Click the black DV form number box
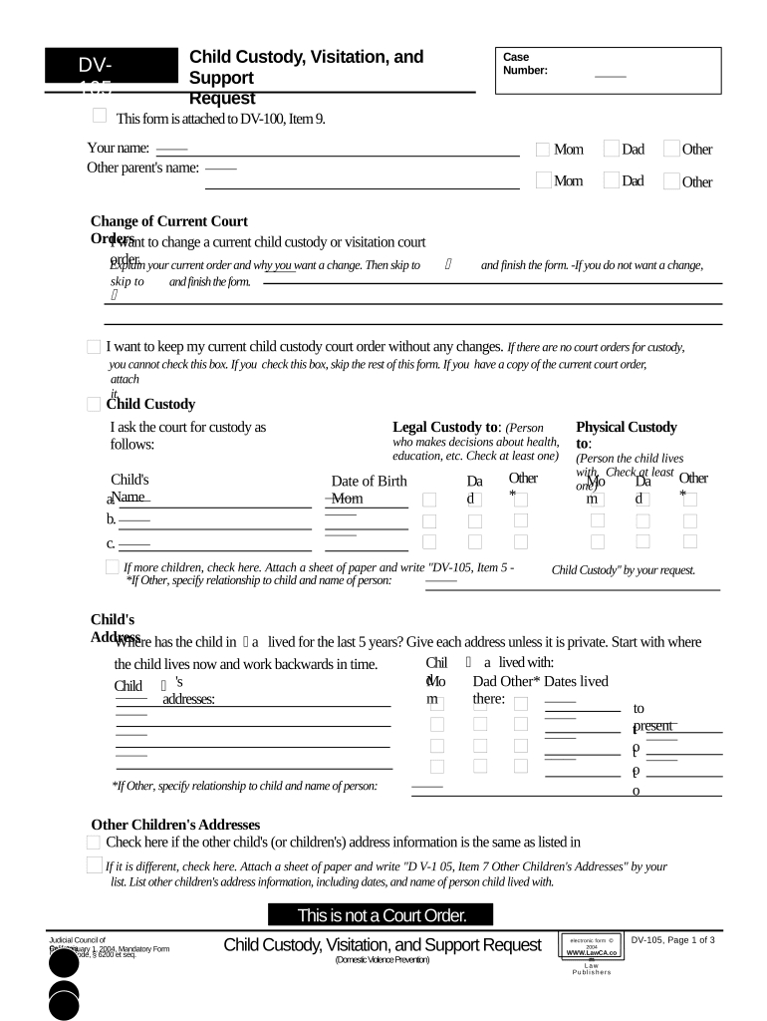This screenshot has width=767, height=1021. [109, 69]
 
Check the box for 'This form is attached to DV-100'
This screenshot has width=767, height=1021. [100, 117]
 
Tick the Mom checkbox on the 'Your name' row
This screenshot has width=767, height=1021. [543, 150]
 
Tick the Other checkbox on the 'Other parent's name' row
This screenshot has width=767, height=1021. [671, 180]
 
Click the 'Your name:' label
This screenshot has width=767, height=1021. [119, 149]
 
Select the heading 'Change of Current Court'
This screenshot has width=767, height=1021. [169, 221]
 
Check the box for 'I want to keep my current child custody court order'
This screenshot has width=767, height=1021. [94, 347]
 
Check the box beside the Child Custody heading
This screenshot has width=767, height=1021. [94, 404]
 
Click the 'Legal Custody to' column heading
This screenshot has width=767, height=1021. [446, 427]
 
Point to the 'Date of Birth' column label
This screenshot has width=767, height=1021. [369, 481]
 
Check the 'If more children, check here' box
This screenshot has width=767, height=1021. [113, 567]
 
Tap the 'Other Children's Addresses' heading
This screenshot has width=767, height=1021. [175, 825]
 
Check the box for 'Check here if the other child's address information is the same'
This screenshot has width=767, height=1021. [94, 843]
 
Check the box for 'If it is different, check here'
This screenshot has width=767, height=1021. [94, 864]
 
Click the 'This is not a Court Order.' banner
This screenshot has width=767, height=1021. [382, 915]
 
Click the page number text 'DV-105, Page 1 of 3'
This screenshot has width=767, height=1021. [672, 940]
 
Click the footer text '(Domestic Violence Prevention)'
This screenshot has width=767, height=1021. [383, 960]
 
